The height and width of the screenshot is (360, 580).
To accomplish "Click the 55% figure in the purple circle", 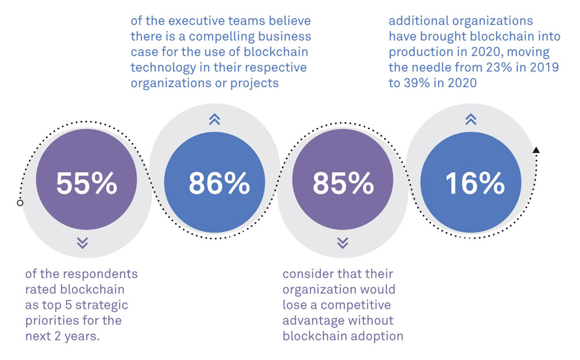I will point(86,183).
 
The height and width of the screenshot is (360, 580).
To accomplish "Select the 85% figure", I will point(343,183).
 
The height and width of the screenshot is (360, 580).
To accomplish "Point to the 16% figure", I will point(474,183).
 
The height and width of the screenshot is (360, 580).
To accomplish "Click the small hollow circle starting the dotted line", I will point(20,203).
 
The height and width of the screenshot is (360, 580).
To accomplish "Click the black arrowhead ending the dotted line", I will point(536,150).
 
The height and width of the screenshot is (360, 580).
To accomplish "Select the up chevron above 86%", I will point(214,119).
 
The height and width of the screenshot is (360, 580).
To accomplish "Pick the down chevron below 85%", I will point(342,242).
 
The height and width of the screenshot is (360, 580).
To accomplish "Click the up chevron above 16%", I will point(470,119).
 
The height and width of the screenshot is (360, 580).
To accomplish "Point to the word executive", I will point(196,21).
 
